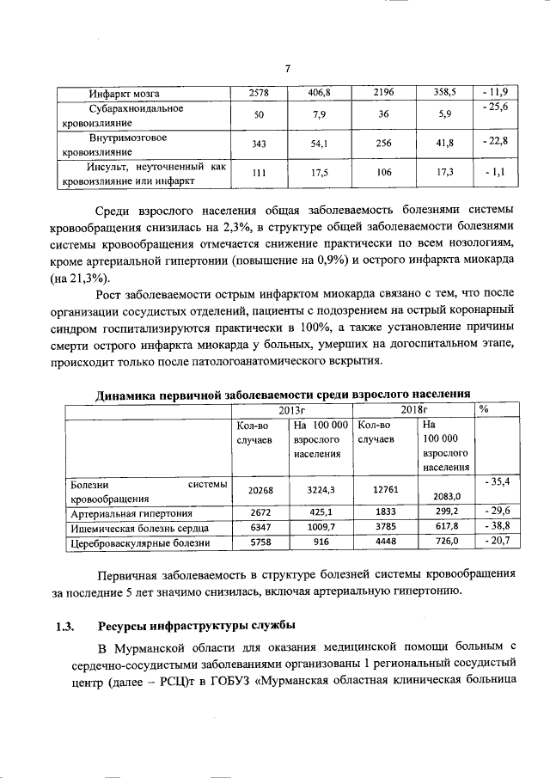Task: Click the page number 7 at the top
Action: (289, 69)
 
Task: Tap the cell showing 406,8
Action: (321, 92)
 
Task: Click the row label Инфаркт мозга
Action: (125, 92)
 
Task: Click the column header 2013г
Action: (292, 408)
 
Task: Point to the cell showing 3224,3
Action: (321, 490)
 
